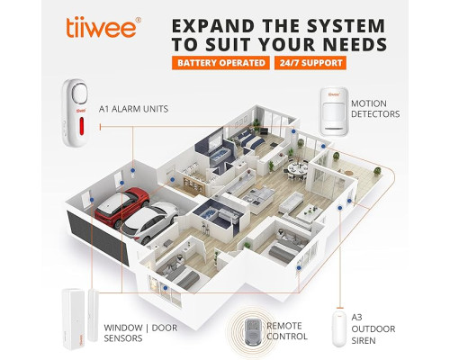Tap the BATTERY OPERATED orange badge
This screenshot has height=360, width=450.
pyautogui.click(x=220, y=63)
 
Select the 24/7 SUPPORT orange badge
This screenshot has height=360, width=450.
pyautogui.click(x=310, y=63)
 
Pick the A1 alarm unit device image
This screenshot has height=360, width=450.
pyautogui.click(x=75, y=112)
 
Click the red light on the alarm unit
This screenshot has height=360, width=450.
pyautogui.click(x=81, y=126)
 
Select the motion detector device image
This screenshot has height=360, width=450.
pyautogui.click(x=335, y=112)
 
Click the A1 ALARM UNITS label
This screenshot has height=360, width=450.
pyautogui.click(x=133, y=109)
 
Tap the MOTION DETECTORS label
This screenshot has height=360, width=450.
pyautogui.click(x=375, y=109)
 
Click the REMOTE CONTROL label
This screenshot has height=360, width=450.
pyautogui.click(x=287, y=331)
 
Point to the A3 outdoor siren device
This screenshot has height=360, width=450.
pyautogui.click(x=339, y=329)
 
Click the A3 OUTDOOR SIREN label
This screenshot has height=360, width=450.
pyautogui.click(x=373, y=328)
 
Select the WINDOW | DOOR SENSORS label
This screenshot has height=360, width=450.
pyautogui.click(x=140, y=333)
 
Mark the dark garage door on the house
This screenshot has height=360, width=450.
pyautogui.click(x=97, y=237)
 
